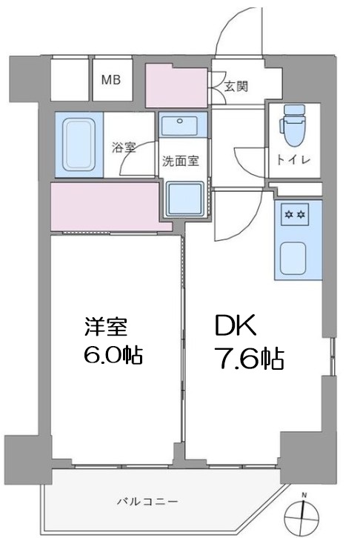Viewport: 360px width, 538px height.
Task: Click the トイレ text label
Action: coord(296,159)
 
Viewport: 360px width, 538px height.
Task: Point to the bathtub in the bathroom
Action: coord(79,144)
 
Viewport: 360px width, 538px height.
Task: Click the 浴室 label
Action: coord(124,147)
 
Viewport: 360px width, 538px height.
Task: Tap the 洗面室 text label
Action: coord(180,159)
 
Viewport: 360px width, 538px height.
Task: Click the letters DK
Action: coord(236,325)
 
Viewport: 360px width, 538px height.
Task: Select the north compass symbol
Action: coord(303,512)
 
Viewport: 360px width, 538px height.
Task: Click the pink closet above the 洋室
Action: coord(105,205)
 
